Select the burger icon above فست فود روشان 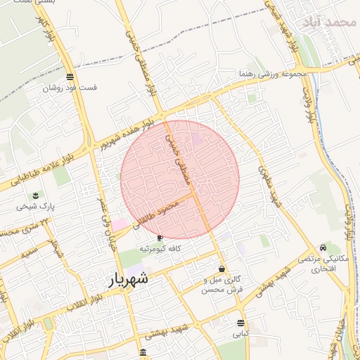pyautogui.click(x=70, y=77)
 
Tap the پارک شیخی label pyautogui.click(x=36, y=207)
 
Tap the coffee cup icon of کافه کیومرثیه pyautogui.click(x=159, y=238)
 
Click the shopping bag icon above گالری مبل pyautogui.click(x=222, y=269)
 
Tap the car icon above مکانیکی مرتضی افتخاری pyautogui.click(x=322, y=247)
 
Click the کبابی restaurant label pyautogui.click(x=241, y=335)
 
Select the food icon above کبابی pyautogui.click(x=241, y=323)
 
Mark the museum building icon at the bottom pyautogui.click(x=143, y=352)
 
